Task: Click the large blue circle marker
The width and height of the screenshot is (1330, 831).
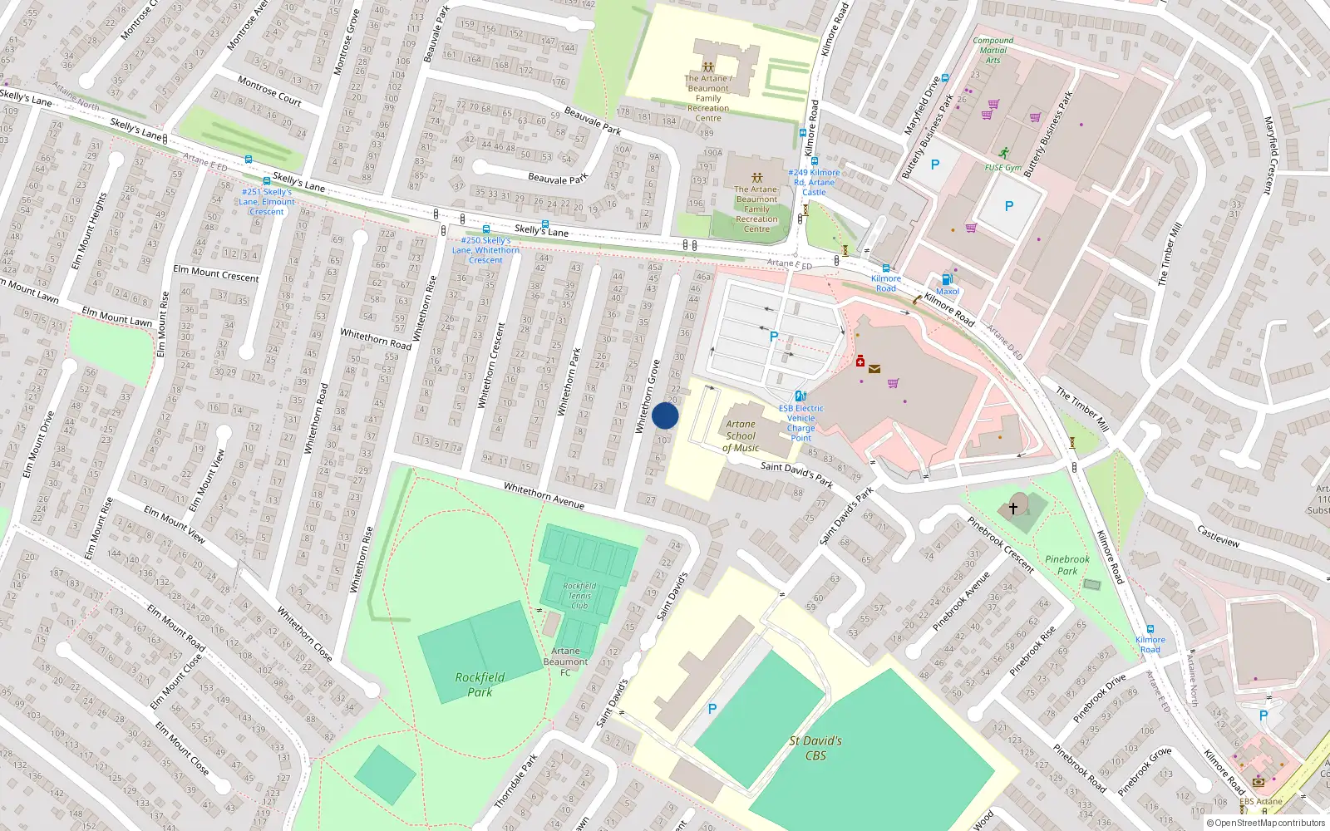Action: pyautogui.click(x=665, y=415)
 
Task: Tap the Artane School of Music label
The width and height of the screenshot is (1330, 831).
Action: pyautogui.click(x=741, y=435)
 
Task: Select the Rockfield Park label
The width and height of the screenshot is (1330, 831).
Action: pyautogui.click(x=480, y=684)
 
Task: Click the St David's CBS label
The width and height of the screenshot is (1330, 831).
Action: pyautogui.click(x=815, y=747)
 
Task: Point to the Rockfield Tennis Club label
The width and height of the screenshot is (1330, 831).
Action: pyautogui.click(x=579, y=595)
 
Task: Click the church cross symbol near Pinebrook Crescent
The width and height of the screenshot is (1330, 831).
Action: pyautogui.click(x=1013, y=507)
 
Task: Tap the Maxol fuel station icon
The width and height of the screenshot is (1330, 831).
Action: pyautogui.click(x=946, y=279)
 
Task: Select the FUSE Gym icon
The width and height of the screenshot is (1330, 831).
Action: pyautogui.click(x=1004, y=153)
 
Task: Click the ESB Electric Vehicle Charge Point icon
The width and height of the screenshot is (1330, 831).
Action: pyautogui.click(x=800, y=396)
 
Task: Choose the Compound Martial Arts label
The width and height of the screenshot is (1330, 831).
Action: pyautogui.click(x=993, y=50)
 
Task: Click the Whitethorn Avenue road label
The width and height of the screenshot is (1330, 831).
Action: pyautogui.click(x=544, y=496)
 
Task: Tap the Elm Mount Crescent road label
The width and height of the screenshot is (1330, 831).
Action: pyautogui.click(x=216, y=273)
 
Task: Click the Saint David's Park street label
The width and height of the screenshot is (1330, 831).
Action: pyautogui.click(x=796, y=474)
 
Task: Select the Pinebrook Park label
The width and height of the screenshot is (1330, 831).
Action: pyautogui.click(x=1067, y=565)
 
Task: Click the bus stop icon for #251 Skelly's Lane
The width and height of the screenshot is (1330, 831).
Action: pyautogui.click(x=267, y=180)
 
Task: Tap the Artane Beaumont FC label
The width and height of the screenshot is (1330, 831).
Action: pyautogui.click(x=565, y=661)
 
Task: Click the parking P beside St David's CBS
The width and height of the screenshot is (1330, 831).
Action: pyautogui.click(x=712, y=709)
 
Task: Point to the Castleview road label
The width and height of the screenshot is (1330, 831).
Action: pyautogui.click(x=1218, y=535)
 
